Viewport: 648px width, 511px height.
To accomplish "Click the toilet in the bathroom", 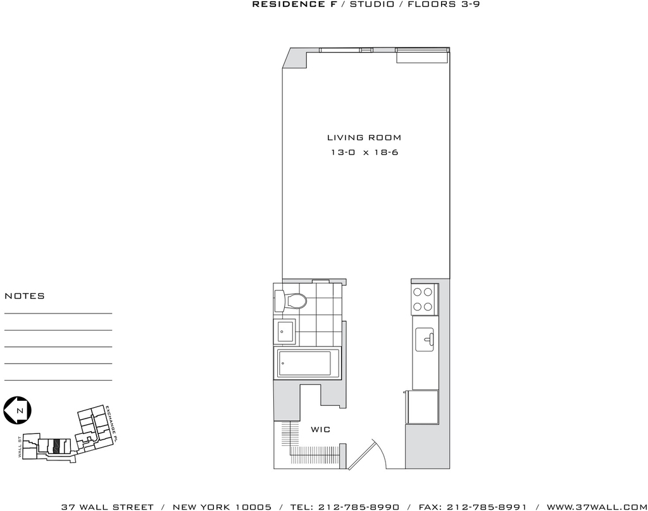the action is click(290, 301).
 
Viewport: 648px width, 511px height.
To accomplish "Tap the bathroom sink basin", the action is click(285, 331).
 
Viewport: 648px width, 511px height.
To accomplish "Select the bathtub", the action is click(306, 363).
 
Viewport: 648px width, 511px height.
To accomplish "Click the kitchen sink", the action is click(425, 339).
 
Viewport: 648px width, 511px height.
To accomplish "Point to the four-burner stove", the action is click(423, 300).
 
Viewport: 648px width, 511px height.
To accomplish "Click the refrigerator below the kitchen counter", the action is click(422, 407).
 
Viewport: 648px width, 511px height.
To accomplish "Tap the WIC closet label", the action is click(321, 429).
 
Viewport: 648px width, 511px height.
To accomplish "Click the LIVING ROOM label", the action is click(364, 137).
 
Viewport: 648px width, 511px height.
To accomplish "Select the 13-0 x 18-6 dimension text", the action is click(364, 152).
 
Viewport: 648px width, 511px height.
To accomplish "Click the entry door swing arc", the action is click(382, 451).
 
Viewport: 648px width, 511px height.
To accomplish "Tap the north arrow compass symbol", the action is click(18, 410).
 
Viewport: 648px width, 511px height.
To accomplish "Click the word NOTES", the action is click(25, 296).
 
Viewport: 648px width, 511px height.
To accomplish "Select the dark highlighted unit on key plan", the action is click(57, 446).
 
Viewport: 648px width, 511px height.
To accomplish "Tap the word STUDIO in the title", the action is click(372, 4).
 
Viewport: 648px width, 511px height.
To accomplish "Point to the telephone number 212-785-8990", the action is click(359, 507).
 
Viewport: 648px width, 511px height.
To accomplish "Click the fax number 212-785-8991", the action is click(487, 507).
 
